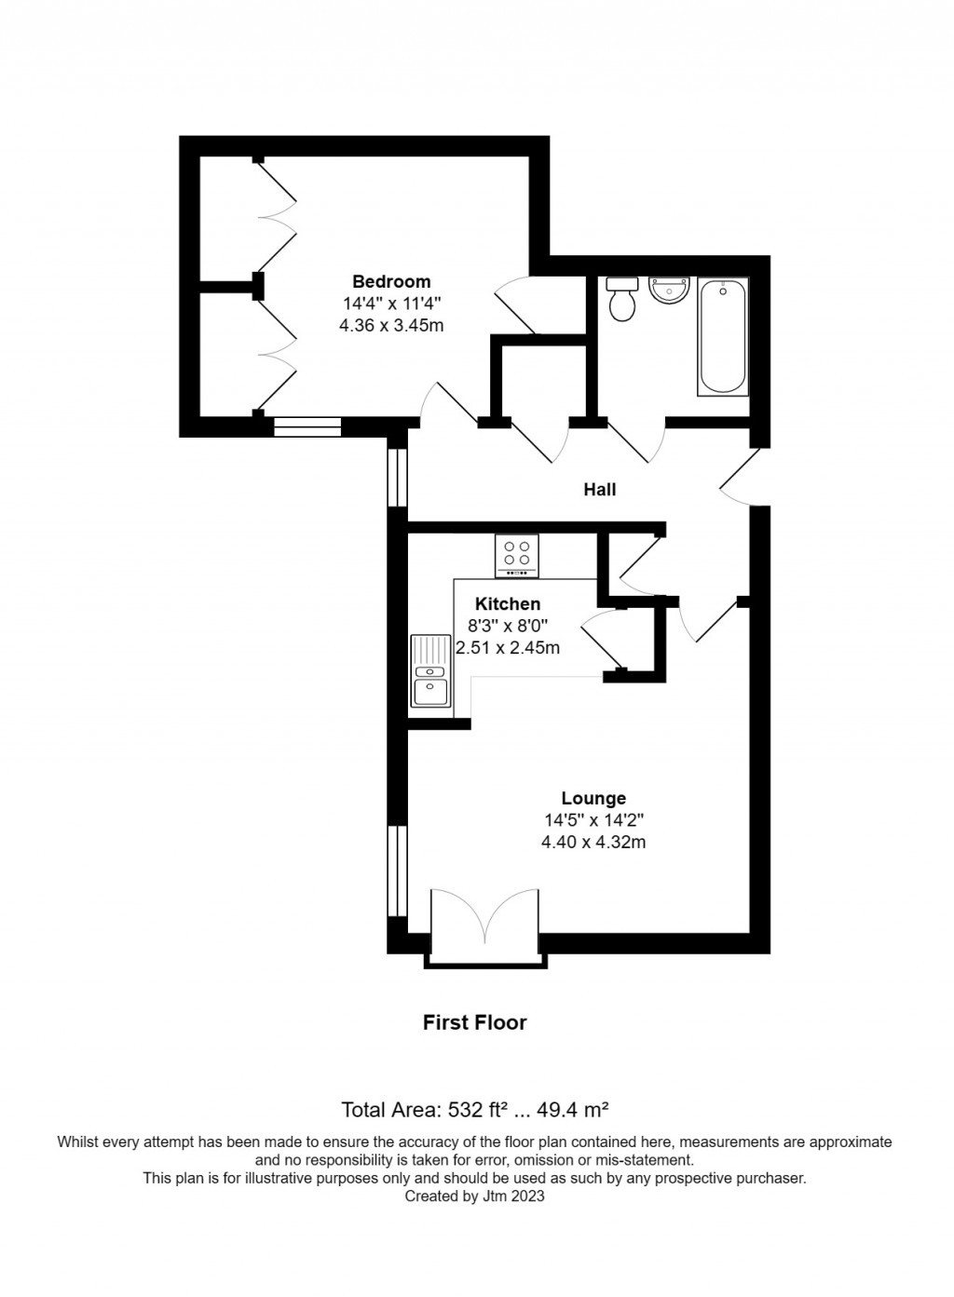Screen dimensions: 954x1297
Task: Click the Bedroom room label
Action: (x=391, y=281)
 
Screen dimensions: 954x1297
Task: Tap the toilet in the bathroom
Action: (x=621, y=299)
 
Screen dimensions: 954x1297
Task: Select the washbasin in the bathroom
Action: (x=669, y=290)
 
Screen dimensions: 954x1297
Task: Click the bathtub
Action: (x=723, y=336)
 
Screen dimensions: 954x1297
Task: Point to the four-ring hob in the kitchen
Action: (x=517, y=555)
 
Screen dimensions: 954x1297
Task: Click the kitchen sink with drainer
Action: (x=430, y=670)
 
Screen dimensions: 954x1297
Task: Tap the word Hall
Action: (x=599, y=490)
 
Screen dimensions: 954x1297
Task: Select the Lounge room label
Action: (x=593, y=798)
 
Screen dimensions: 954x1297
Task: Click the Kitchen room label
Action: (x=508, y=604)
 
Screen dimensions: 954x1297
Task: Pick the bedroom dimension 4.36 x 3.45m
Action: (x=391, y=325)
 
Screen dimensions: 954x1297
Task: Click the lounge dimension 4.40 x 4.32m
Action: (x=593, y=842)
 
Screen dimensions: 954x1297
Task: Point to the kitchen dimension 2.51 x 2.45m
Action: (x=508, y=647)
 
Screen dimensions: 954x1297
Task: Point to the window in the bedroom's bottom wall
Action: (x=307, y=426)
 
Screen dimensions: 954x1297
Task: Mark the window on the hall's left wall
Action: (x=398, y=478)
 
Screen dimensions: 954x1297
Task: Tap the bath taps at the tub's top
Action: (x=723, y=290)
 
